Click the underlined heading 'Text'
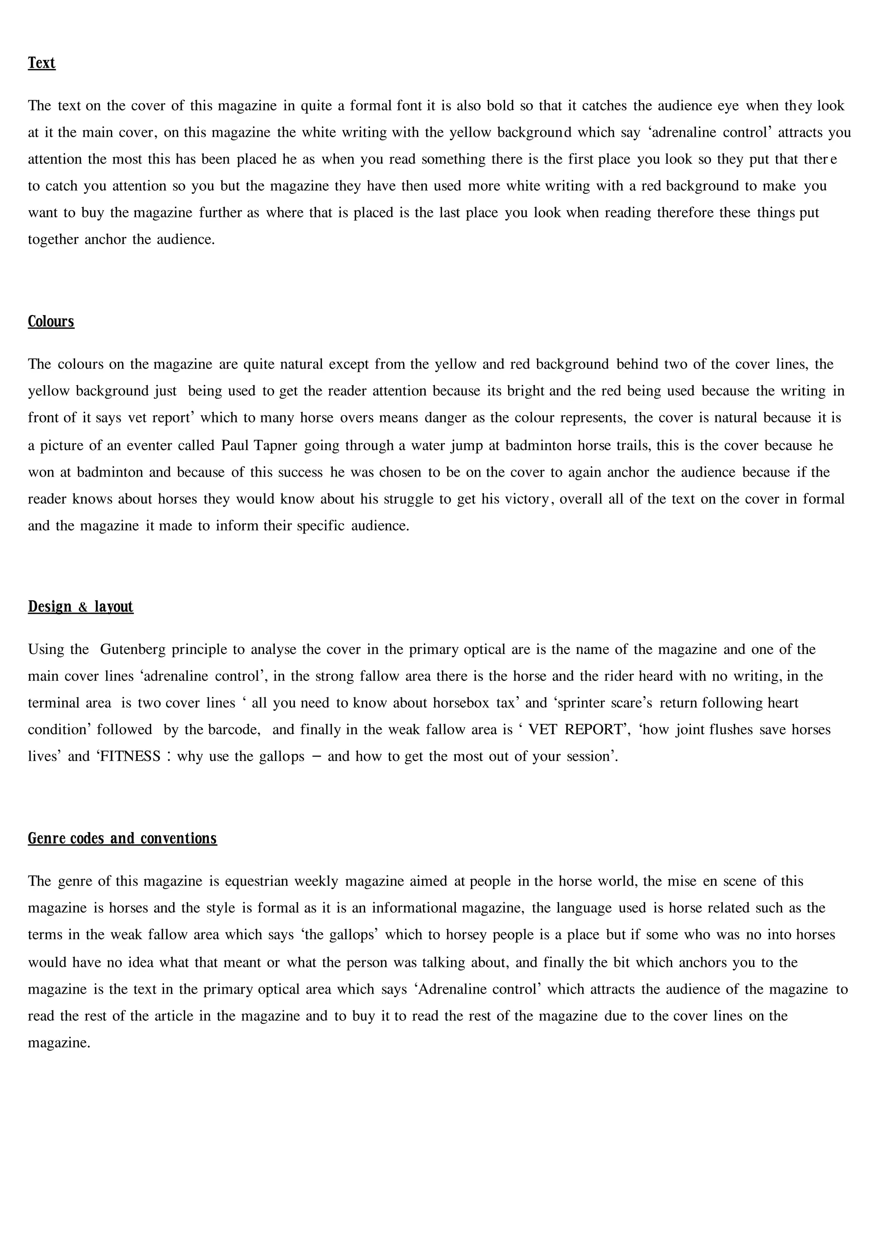coord(41,63)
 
